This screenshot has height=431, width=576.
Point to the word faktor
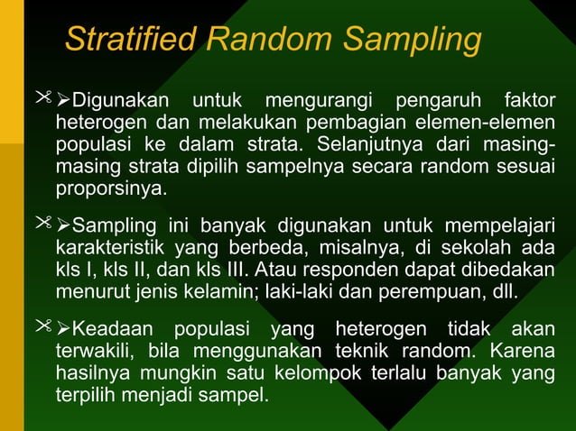point(528,97)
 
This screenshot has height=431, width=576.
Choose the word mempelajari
point(493,225)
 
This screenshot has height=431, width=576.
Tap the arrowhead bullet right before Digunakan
point(63,97)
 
